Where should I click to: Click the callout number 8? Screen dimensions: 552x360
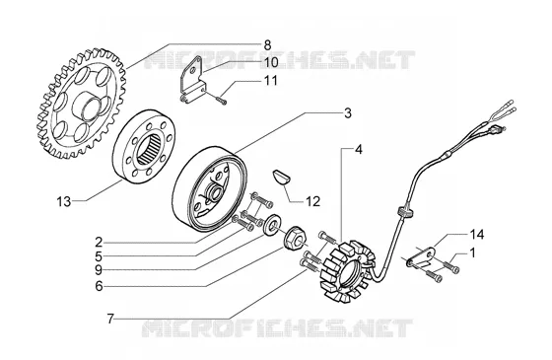coord(267,45)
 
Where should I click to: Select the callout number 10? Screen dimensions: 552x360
coord(271,62)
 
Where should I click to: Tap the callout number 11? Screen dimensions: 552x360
coord(270,81)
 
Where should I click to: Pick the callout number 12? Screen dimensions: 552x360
coord(312,201)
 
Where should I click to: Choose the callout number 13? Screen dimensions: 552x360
coord(64,202)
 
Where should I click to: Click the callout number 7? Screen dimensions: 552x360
coord(110,320)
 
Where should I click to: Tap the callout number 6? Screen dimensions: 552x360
coord(99,286)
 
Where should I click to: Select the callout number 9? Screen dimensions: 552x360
coord(99,270)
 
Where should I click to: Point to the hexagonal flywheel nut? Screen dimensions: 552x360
coord(294,239)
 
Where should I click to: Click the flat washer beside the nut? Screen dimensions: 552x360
coord(272,224)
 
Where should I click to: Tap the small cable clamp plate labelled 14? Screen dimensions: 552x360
coord(423,257)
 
